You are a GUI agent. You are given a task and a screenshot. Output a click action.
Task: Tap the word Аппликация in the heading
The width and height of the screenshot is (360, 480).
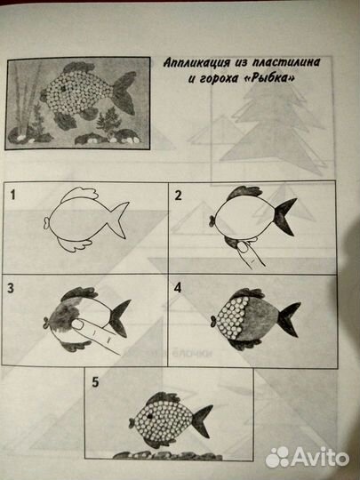196,62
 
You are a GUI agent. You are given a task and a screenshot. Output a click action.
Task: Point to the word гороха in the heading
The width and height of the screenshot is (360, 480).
219,79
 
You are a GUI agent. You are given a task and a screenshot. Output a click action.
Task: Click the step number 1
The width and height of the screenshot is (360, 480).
12,195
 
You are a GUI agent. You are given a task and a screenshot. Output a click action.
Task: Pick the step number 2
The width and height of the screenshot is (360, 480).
178,195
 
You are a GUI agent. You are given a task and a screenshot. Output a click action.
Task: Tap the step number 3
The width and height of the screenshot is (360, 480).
11,288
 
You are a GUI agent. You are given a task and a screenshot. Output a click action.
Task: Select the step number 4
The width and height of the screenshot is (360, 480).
178,288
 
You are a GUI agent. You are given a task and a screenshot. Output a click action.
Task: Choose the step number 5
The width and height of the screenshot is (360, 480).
95,382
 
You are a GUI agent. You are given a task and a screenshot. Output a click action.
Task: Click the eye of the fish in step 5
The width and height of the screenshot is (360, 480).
150,416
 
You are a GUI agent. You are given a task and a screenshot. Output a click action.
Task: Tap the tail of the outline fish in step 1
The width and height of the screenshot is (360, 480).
118,220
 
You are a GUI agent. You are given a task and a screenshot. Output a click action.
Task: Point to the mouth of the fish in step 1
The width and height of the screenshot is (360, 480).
46,222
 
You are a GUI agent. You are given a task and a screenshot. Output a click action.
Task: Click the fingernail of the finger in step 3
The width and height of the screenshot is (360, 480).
77,324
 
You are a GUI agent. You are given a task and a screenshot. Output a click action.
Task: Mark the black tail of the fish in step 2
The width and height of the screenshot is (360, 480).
284,216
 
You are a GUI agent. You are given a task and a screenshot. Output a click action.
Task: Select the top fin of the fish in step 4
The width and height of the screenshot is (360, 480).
247,293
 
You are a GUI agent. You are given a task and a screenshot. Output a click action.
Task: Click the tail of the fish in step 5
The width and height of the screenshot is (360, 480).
202,420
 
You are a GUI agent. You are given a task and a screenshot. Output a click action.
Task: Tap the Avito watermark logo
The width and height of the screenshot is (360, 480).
308,458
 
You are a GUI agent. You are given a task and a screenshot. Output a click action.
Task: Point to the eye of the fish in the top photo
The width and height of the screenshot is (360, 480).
64,89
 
